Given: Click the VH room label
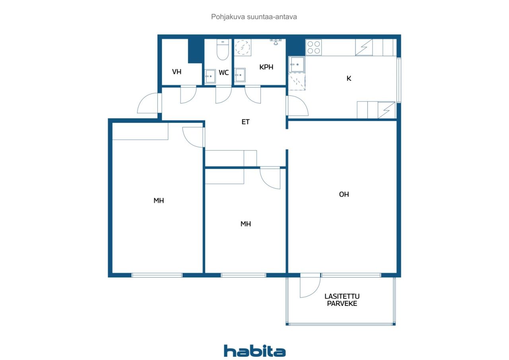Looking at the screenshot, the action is pyautogui.click(x=177, y=72).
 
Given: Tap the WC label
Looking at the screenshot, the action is pyautogui.click(x=223, y=73).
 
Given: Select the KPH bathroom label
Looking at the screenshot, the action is pyautogui.click(x=266, y=67).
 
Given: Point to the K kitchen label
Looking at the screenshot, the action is pyautogui.click(x=349, y=78).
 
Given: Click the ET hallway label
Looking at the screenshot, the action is pyautogui.click(x=245, y=122).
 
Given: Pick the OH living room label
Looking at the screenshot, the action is pyautogui.click(x=344, y=194).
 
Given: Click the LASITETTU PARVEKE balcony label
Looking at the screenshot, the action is pyautogui.click(x=342, y=300).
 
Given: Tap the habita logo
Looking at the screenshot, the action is pyautogui.click(x=254, y=351).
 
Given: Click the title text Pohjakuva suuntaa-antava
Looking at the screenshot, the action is pyautogui.click(x=254, y=17).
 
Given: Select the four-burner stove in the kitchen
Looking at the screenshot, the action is pyautogui.click(x=314, y=47).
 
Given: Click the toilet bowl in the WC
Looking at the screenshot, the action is pyautogui.click(x=223, y=50).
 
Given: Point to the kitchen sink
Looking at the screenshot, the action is pyautogui.click(x=297, y=64).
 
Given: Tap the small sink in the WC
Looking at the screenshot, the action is pyautogui.click(x=210, y=76).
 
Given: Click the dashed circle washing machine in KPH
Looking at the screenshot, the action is pyautogui.click(x=243, y=47).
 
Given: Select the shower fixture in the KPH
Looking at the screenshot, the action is pyautogui.click(x=276, y=42).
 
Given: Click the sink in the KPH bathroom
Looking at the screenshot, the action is pyautogui.click(x=240, y=75).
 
